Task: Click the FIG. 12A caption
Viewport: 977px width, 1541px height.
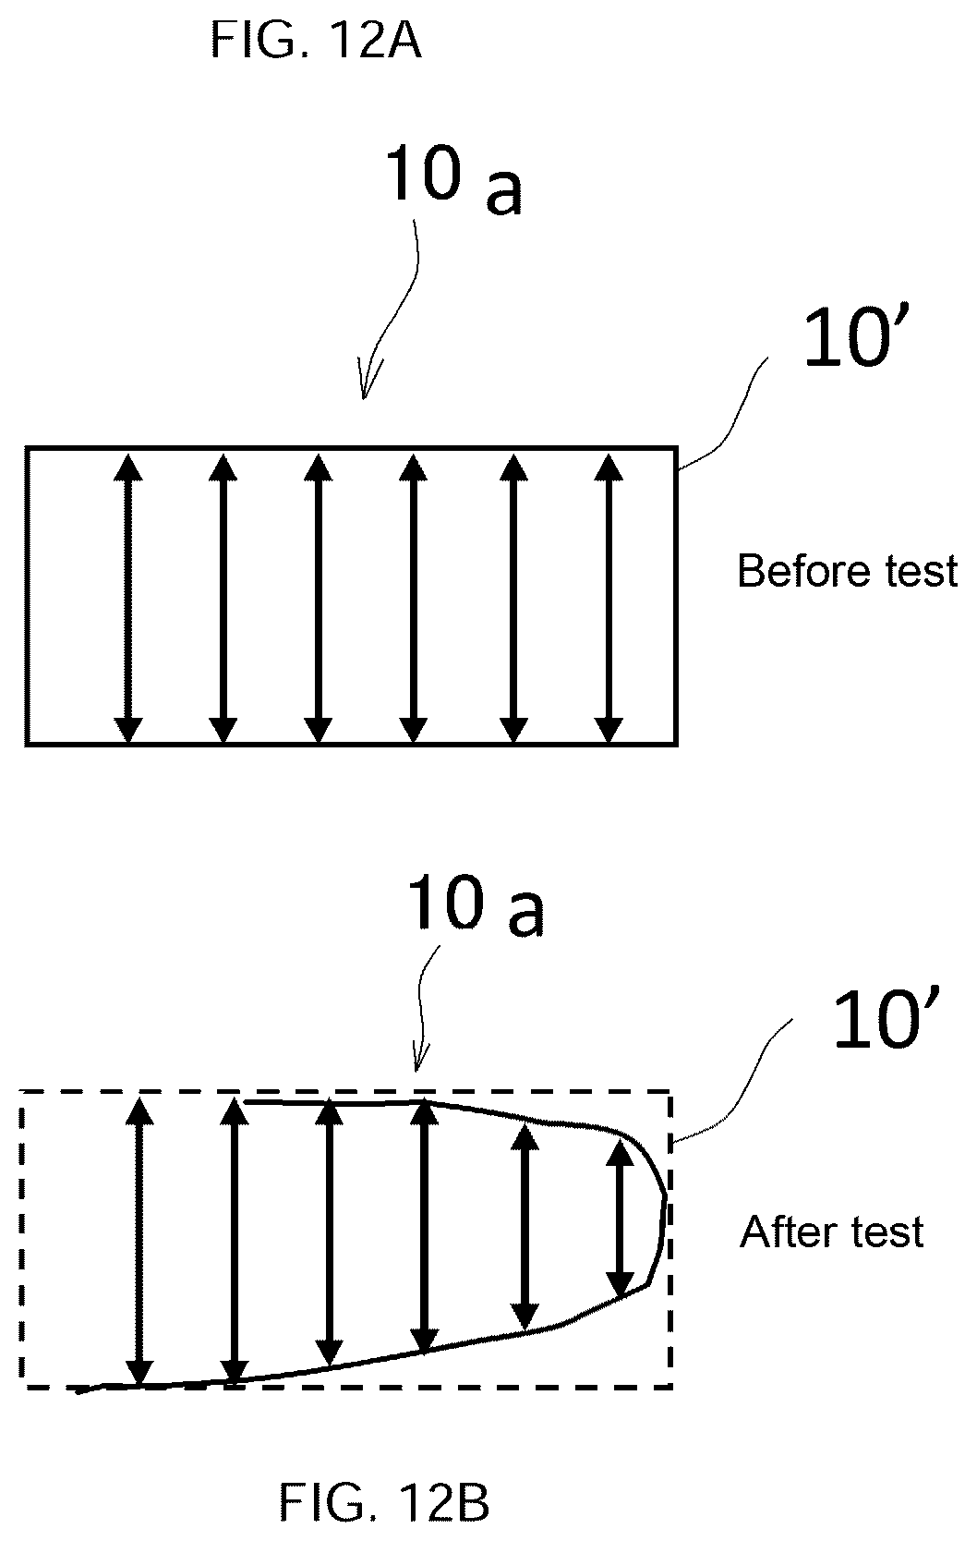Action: coord(316,40)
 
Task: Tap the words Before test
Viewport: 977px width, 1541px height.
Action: coord(847,571)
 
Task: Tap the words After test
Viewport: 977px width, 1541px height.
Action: coord(831,1232)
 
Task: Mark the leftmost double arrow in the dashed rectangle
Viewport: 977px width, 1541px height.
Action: coord(140,1241)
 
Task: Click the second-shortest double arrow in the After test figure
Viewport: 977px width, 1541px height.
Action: coord(525,1227)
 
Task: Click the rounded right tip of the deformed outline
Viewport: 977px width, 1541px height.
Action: coord(666,1197)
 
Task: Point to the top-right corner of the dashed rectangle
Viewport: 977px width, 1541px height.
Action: coord(669,1092)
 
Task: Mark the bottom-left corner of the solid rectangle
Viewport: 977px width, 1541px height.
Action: coord(27,745)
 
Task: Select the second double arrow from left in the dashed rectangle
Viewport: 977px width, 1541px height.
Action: coord(235,1241)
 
